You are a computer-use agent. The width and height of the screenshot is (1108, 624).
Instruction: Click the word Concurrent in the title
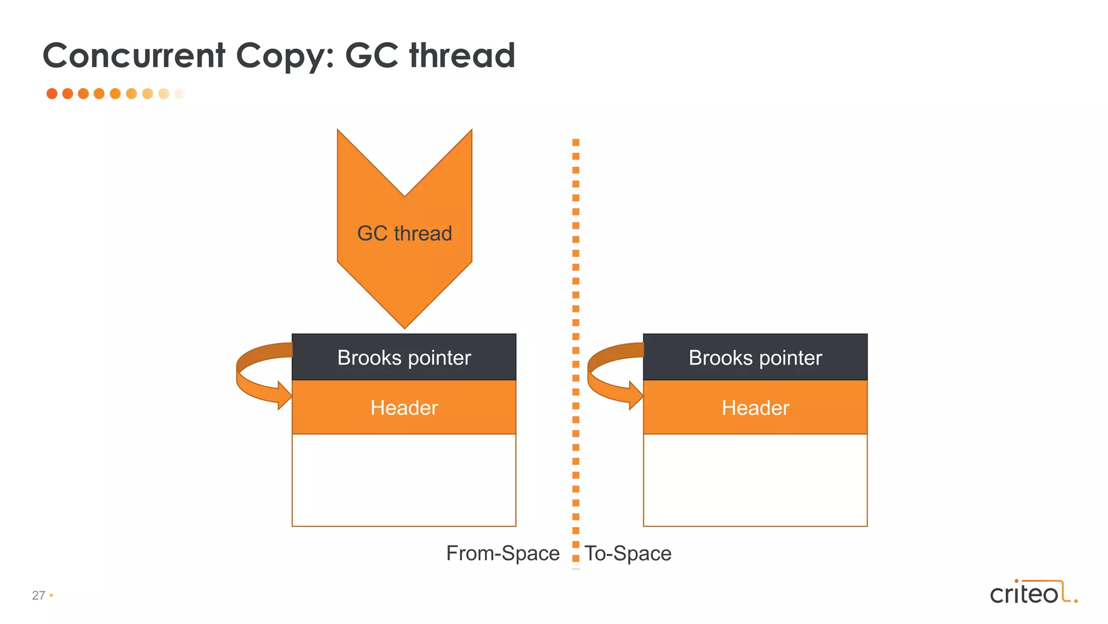tap(134, 55)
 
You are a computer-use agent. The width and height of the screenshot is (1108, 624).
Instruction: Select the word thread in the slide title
tap(462, 55)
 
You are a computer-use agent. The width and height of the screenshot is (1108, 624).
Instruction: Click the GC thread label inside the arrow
tap(404, 233)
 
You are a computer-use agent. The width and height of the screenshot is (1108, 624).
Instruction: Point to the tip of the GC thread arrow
tap(404, 326)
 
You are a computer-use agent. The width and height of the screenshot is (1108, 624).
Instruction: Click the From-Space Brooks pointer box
tap(404, 357)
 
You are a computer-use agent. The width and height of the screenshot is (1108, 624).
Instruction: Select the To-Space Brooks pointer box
tap(755, 357)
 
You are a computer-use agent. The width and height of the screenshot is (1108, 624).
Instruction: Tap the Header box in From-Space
tap(404, 407)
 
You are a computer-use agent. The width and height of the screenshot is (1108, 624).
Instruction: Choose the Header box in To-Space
tap(755, 407)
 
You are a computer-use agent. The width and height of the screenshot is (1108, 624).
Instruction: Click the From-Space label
tap(503, 554)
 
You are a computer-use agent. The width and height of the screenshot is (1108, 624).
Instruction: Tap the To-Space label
tap(628, 554)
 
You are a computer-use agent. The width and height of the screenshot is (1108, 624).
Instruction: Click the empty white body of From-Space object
tap(404, 480)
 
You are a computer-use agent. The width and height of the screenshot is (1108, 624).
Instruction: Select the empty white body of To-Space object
tap(755, 480)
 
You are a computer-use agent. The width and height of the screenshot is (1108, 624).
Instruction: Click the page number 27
tap(38, 595)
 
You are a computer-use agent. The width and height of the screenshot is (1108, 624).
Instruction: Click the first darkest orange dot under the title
tap(52, 94)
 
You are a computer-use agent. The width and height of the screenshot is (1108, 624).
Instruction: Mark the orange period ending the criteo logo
tap(1076, 601)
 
